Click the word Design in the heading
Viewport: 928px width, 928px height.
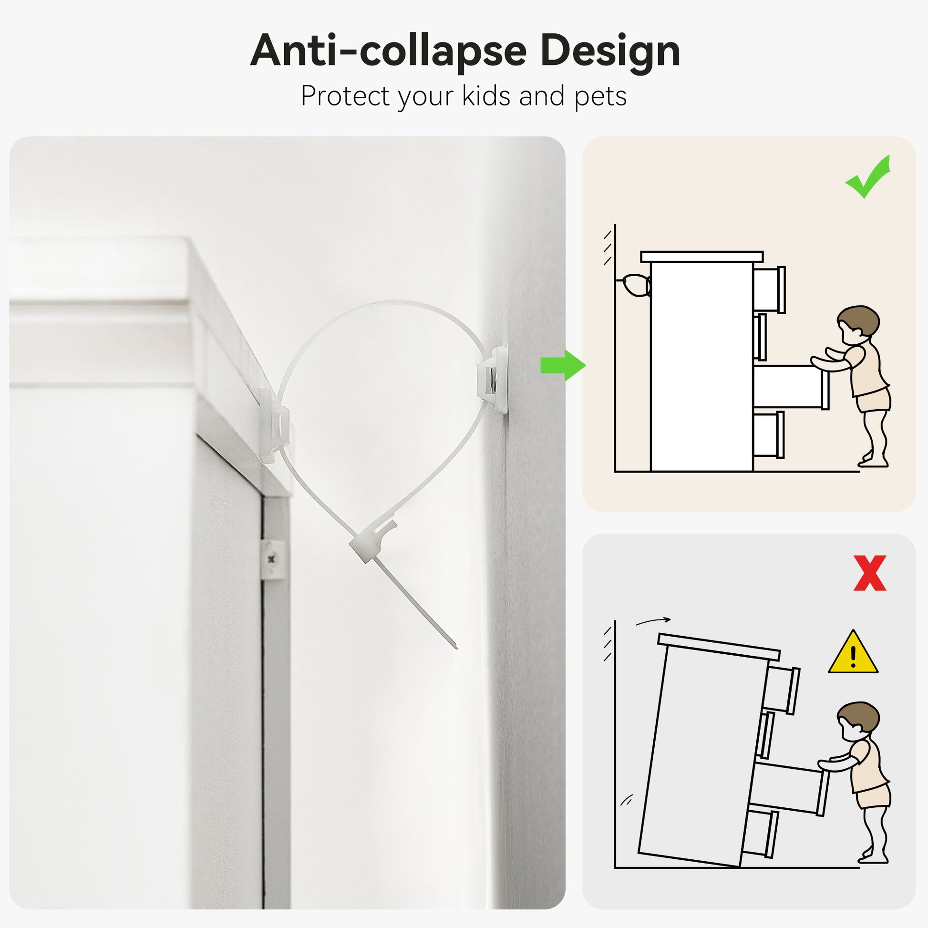pos(610,51)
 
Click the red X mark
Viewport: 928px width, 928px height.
pos(870,573)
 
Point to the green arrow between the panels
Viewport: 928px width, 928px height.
pos(563,366)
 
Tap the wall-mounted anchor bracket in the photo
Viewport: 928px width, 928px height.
pos(492,380)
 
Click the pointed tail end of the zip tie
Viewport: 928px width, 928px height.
pos(456,648)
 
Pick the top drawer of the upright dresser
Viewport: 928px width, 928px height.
pos(769,289)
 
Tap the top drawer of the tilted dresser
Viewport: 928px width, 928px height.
pos(782,689)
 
